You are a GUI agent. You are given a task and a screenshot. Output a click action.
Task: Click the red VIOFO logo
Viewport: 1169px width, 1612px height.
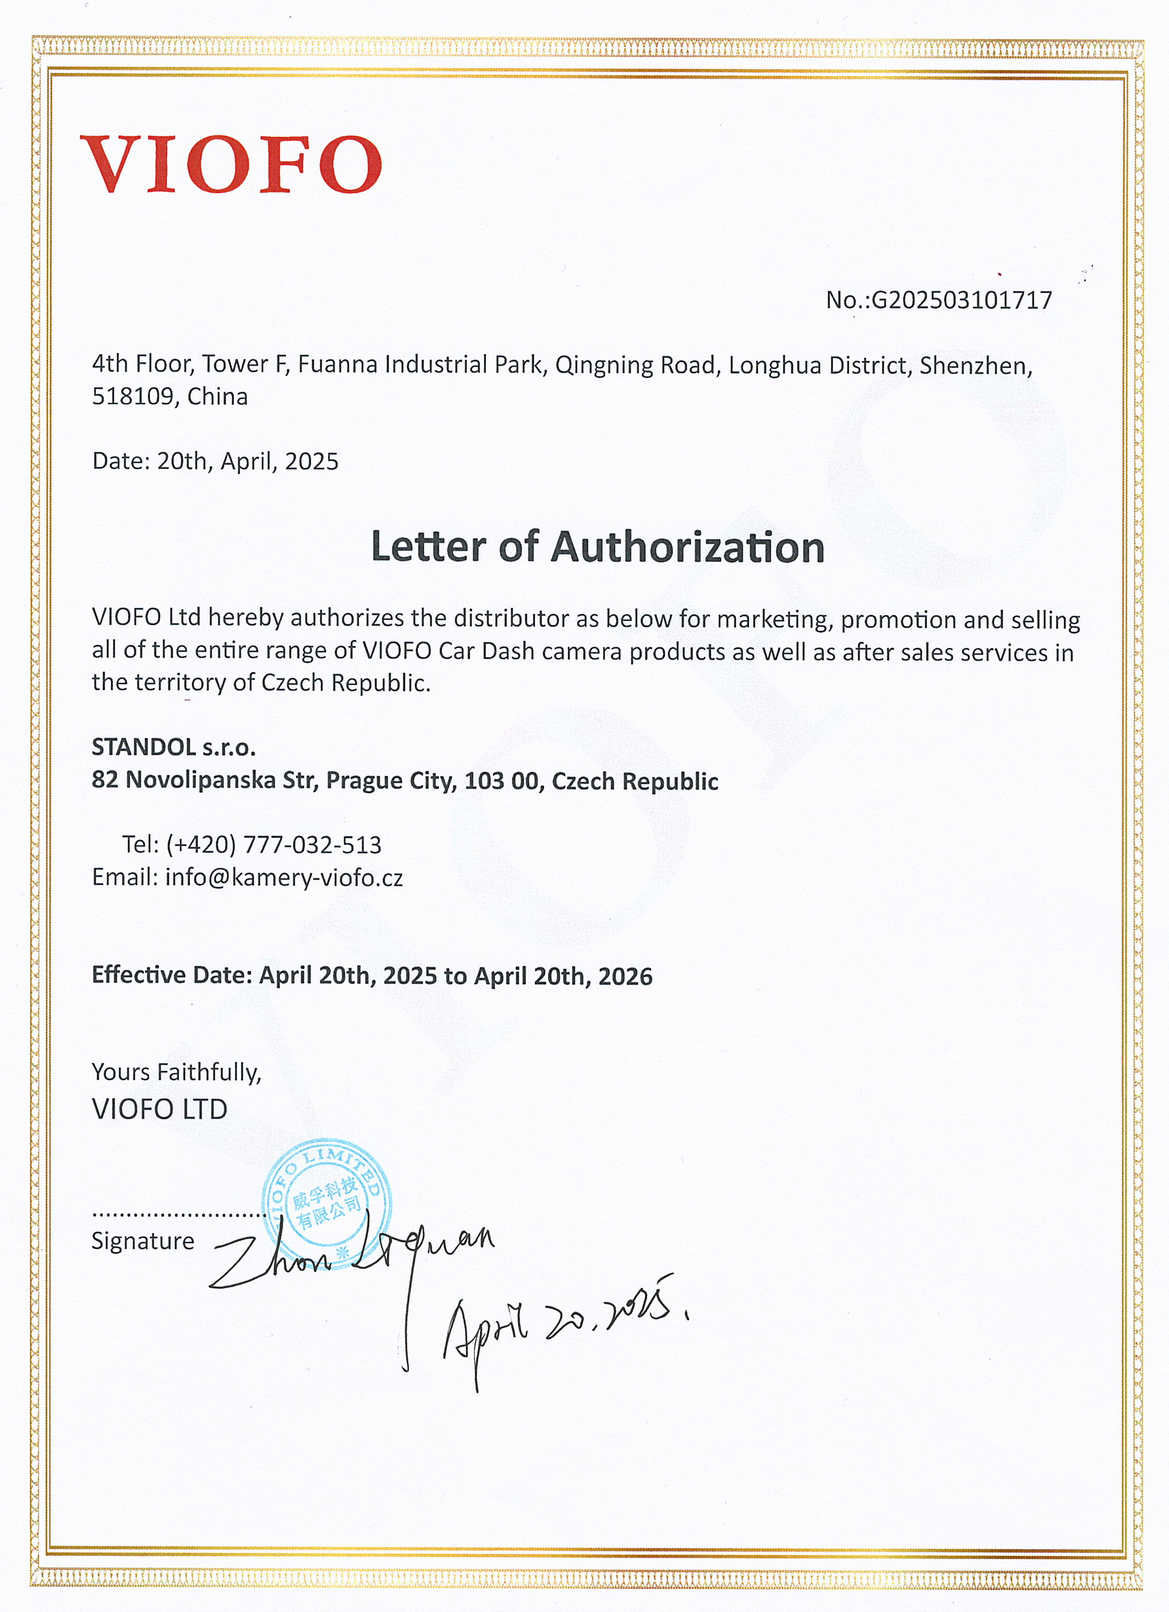click(230, 164)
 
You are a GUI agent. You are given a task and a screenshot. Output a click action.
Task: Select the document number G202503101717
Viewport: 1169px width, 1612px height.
click(961, 301)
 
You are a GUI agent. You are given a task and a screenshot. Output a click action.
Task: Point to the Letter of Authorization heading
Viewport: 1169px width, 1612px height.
click(597, 547)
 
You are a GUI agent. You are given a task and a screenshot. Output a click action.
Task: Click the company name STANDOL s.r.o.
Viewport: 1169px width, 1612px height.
click(173, 747)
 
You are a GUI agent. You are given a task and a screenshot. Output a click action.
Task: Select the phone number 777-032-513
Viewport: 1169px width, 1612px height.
click(312, 845)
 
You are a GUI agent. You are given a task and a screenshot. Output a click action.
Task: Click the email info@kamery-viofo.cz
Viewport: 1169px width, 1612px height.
click(284, 878)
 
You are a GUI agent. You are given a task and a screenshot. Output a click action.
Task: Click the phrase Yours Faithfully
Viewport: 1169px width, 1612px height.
click(176, 1072)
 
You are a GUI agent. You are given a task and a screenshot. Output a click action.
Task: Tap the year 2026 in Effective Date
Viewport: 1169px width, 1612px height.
click(625, 977)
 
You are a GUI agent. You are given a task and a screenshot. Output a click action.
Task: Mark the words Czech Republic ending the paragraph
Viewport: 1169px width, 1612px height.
click(345, 683)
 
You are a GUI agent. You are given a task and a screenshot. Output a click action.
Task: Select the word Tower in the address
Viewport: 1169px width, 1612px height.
click(234, 364)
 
